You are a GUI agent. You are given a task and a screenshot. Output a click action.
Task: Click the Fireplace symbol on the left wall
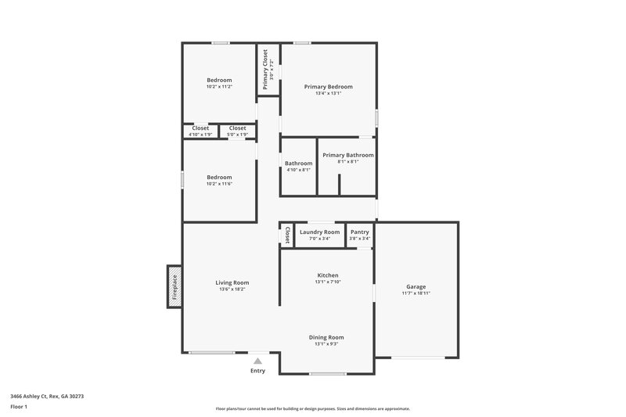[174, 286]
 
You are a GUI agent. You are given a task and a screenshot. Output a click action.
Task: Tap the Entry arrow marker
[257, 361]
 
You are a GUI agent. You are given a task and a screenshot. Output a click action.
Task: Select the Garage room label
[416, 286]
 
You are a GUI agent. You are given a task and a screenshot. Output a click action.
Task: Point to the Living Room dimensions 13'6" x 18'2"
[232, 289]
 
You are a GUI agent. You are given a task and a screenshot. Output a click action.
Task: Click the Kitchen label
[327, 275]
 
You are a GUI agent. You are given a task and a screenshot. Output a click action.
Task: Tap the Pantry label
[360, 232]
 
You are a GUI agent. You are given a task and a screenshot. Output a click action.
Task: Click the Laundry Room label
[319, 232]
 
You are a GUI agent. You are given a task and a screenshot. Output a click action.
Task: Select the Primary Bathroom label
[347, 155]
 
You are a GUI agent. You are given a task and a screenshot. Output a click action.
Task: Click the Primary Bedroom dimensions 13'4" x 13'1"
[328, 93]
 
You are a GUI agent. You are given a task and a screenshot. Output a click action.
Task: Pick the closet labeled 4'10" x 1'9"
[200, 135]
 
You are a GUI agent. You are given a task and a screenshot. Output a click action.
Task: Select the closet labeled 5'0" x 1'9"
[237, 135]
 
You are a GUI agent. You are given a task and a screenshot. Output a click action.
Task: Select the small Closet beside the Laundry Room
[287, 234]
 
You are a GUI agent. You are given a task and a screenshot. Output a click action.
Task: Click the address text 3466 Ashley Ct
[47, 397]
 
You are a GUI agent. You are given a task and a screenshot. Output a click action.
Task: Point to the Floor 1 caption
[20, 408]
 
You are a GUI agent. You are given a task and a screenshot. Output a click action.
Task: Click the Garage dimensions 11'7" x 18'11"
[416, 293]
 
